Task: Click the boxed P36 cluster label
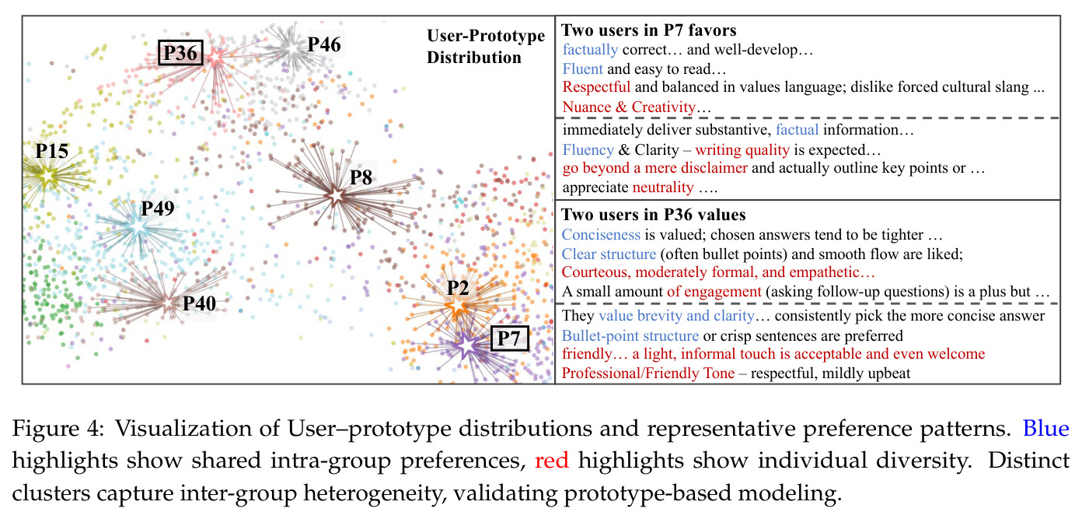point(180,53)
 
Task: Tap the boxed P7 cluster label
point(510,338)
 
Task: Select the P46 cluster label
point(324,44)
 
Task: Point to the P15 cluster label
point(51,152)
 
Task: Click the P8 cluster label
point(361,177)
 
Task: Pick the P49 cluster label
point(158,209)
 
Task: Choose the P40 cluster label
point(199,303)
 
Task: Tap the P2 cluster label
point(457,288)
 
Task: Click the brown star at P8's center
point(336,196)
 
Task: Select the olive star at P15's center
point(47,175)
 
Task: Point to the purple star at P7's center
point(466,345)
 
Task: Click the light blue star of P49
point(138,227)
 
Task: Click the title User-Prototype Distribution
point(486,47)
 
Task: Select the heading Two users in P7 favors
point(649,30)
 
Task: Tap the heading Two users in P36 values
point(654,215)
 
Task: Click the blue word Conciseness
point(601,234)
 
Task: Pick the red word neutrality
point(663,188)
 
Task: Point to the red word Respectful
point(596,88)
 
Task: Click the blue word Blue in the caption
point(1046,429)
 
